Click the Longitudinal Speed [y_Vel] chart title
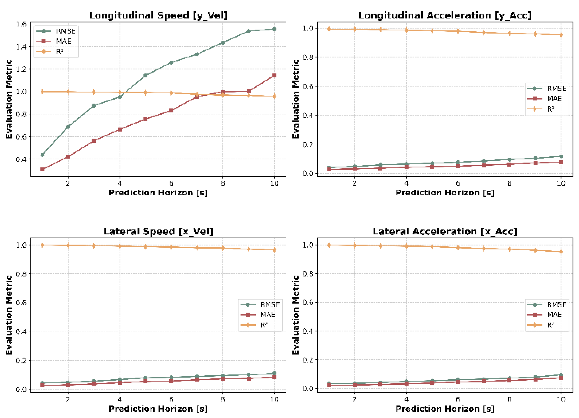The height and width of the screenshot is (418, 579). point(158,15)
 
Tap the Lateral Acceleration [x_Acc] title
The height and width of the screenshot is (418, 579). point(445,231)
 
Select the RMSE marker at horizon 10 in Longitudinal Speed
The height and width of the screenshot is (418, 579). point(274,29)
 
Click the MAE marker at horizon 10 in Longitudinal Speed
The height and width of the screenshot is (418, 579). point(274,75)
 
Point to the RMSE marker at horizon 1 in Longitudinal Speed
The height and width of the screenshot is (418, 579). point(42,155)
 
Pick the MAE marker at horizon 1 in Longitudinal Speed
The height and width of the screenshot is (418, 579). point(42,169)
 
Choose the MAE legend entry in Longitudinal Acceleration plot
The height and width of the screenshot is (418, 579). point(554,99)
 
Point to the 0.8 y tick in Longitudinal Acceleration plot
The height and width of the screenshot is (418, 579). point(308,57)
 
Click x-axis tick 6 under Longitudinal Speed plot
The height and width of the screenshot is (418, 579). point(171,183)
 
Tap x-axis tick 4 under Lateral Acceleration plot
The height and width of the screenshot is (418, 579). point(406,399)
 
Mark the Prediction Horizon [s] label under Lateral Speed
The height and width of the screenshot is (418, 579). point(158,409)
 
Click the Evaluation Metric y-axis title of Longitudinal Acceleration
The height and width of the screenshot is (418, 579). point(295,99)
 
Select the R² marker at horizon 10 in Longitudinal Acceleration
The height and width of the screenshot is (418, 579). point(561,35)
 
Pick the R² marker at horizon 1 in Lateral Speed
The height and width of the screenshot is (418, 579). point(42,245)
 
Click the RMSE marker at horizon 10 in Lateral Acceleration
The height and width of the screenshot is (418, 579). point(561,375)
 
